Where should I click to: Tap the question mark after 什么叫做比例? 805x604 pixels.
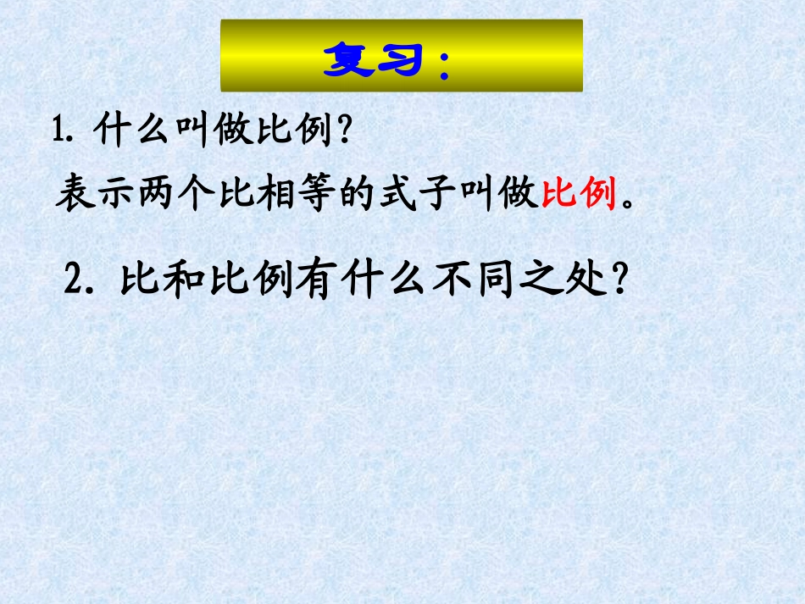(343, 131)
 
